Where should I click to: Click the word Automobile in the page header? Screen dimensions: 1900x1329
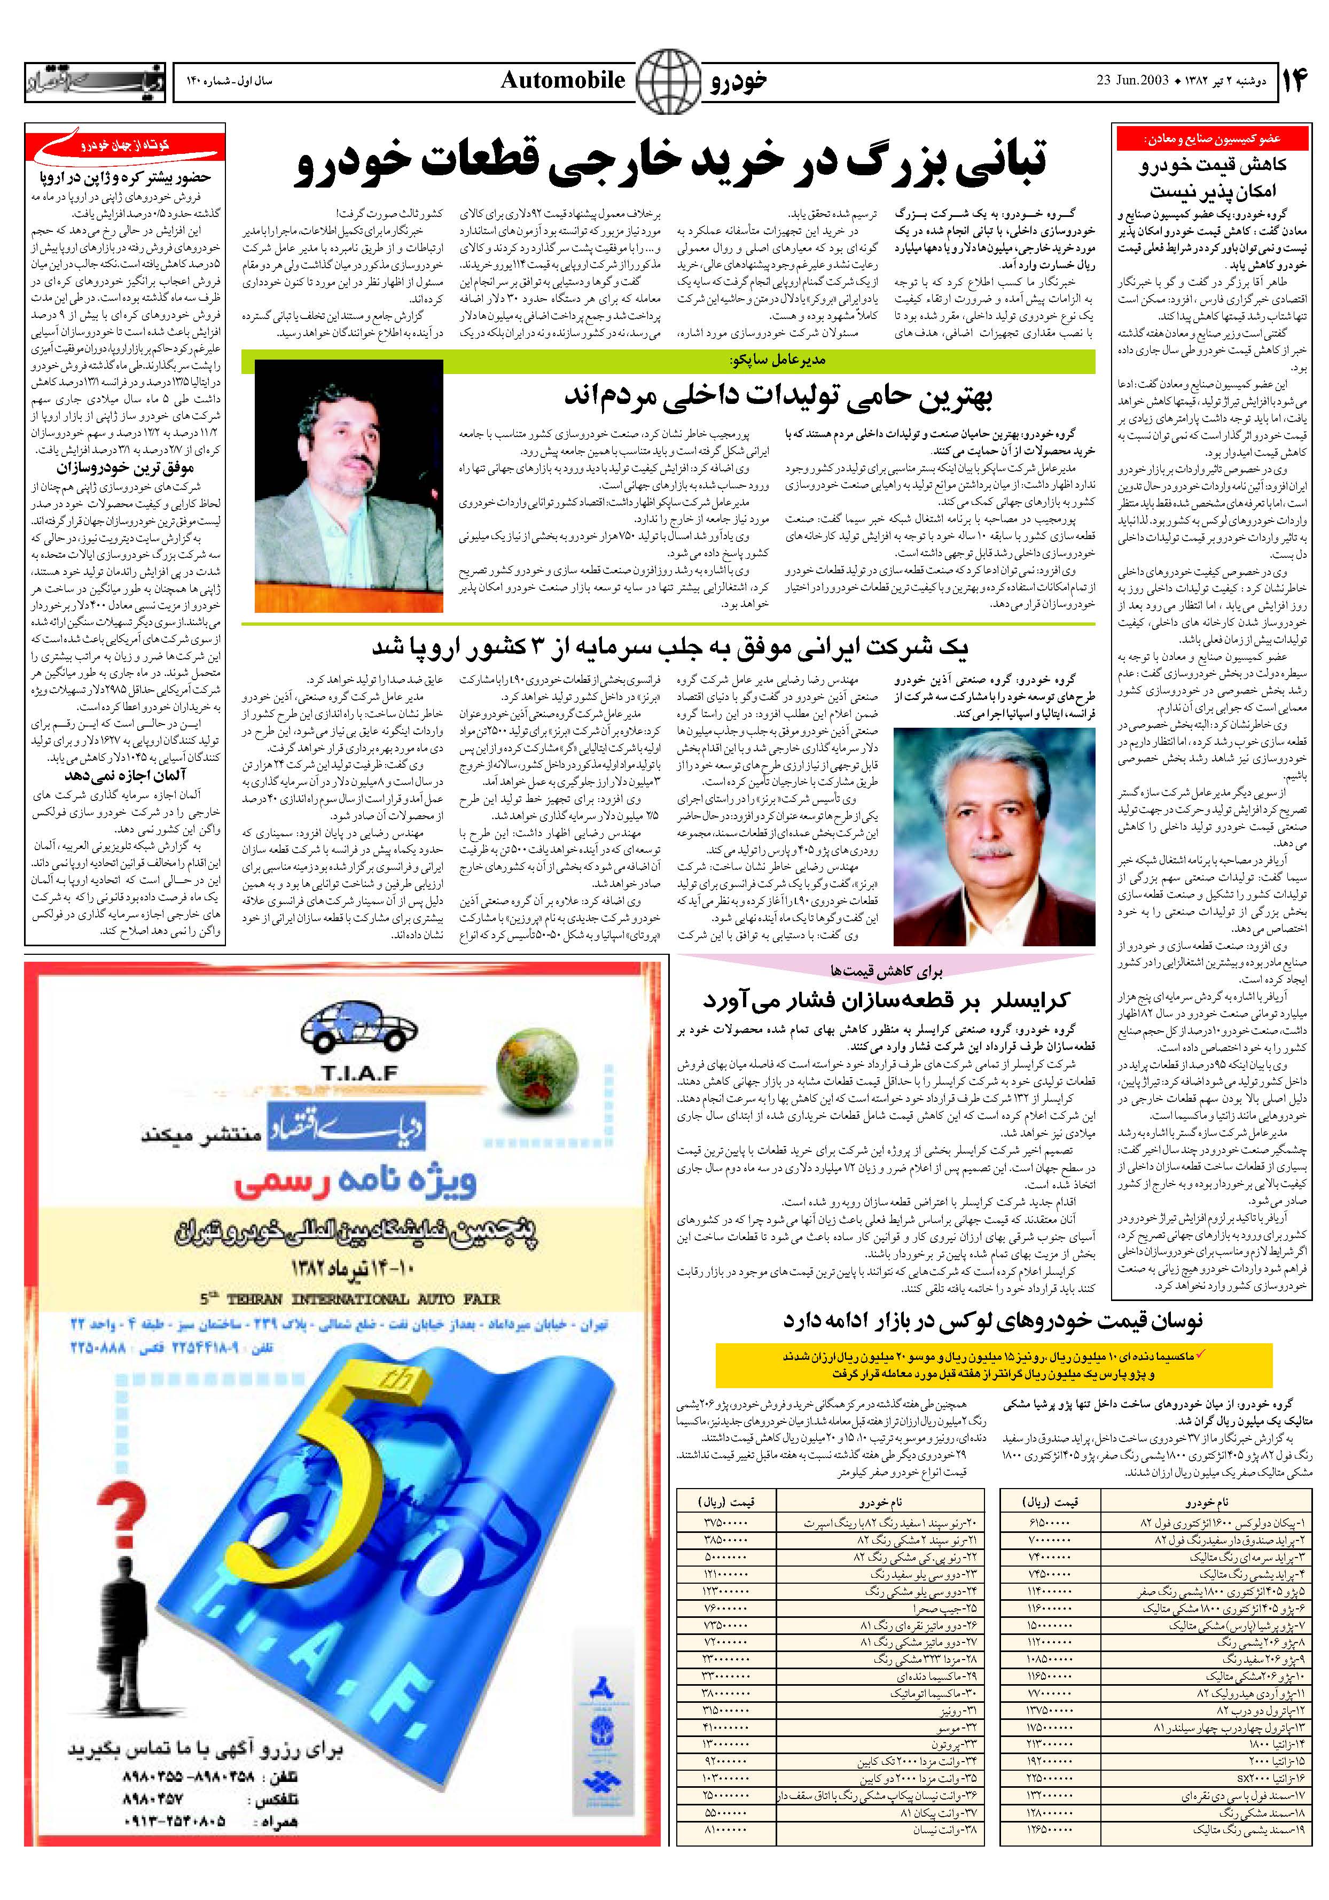click(x=562, y=80)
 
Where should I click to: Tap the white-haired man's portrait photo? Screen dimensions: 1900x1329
click(x=994, y=836)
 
